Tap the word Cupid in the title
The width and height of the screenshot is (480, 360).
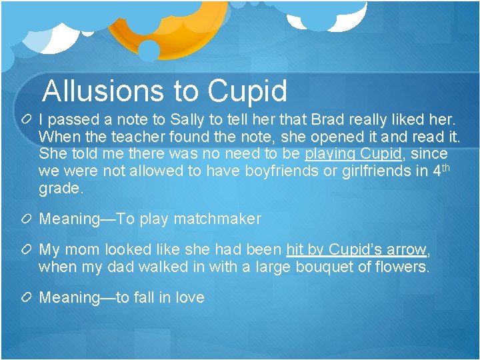pyautogui.click(x=247, y=91)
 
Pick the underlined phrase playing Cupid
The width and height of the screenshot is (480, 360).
pyautogui.click(x=353, y=154)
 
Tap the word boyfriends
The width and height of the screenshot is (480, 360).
pyautogui.click(x=282, y=171)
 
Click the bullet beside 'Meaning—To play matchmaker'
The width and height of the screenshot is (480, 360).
pyautogui.click(x=27, y=219)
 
